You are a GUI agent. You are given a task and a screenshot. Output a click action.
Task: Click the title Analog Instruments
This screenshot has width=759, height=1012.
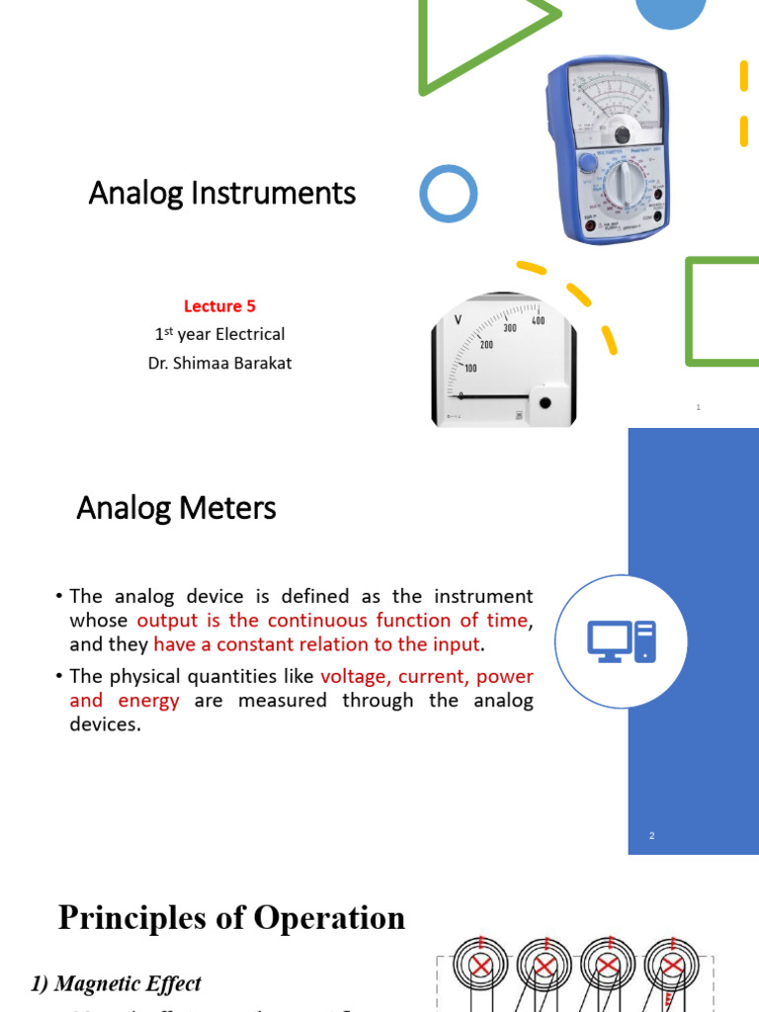coord(222,193)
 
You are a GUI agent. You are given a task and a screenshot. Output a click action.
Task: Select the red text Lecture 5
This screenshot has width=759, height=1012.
coord(219,306)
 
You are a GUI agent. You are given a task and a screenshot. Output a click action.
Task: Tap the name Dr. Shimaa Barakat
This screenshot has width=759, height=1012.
coord(219,363)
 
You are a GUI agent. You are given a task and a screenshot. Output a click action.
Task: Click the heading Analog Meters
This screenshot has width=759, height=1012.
coord(176,509)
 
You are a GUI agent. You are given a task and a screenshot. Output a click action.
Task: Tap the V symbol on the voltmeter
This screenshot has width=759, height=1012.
coord(458,319)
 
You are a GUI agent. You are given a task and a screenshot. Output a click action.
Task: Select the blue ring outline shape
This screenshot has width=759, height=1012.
coord(448,193)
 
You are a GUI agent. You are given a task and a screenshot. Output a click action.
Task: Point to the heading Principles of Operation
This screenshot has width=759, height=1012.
coord(231,918)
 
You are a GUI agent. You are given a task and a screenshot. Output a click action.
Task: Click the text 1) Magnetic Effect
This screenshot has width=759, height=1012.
coord(116,983)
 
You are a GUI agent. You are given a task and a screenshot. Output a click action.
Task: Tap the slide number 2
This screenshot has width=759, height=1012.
coord(652,836)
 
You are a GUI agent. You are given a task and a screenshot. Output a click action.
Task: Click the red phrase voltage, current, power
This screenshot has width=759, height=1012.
coord(427,677)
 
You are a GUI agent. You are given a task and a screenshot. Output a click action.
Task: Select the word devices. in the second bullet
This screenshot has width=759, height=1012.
coord(106,724)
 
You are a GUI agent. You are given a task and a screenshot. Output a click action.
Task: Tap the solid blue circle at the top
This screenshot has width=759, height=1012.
coord(670,12)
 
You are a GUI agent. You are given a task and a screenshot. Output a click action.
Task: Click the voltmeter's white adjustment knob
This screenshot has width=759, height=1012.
coord(544,401)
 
